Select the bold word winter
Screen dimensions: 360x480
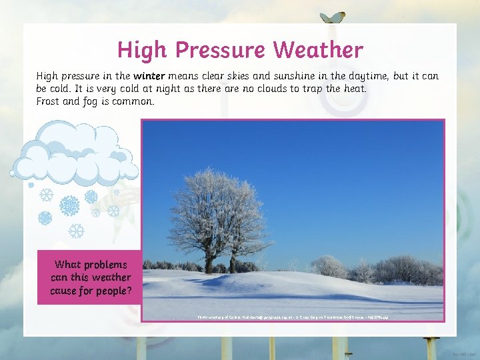[x=151, y=76]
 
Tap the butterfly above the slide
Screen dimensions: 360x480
[x=333, y=18]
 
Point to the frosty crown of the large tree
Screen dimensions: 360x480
[x=213, y=200]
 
